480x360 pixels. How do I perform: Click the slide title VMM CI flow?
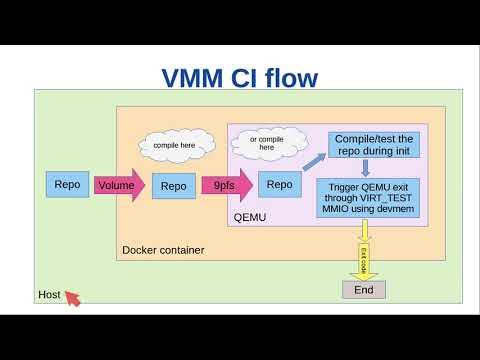point(240,77)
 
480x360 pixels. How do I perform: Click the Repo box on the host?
point(68,184)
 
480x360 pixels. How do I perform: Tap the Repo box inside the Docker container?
point(173,185)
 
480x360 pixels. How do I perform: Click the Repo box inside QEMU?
point(280,184)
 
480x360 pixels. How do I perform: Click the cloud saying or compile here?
point(266,142)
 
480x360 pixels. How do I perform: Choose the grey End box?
point(363,289)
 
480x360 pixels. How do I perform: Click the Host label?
point(49,295)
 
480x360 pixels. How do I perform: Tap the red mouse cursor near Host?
point(72,297)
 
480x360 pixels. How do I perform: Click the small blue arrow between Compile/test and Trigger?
point(366,168)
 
